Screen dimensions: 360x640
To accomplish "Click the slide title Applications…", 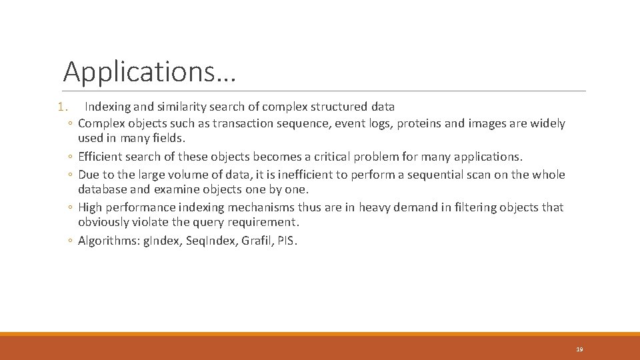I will click(x=149, y=71).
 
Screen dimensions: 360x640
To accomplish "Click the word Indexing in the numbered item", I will click(x=107, y=107).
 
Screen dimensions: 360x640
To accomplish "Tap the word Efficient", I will click(x=99, y=157).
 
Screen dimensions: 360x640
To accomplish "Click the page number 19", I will click(x=579, y=349).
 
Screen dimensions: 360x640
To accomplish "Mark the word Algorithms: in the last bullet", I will click(x=106, y=241).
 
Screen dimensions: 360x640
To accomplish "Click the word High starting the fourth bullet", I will click(x=91, y=207).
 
